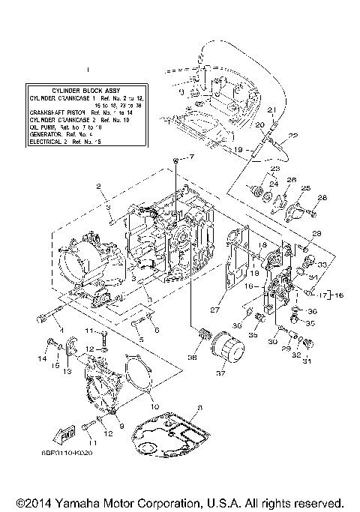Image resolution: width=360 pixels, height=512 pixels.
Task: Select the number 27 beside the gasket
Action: point(215,308)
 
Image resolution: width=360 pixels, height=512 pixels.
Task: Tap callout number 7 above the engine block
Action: point(191,157)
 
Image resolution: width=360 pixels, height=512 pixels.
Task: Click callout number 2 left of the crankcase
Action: point(97,184)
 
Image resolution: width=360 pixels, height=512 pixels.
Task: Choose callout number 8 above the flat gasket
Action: point(199,408)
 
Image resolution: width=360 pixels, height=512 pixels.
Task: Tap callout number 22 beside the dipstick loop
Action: point(293,136)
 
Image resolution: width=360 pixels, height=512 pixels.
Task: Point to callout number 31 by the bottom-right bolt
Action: point(305,364)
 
